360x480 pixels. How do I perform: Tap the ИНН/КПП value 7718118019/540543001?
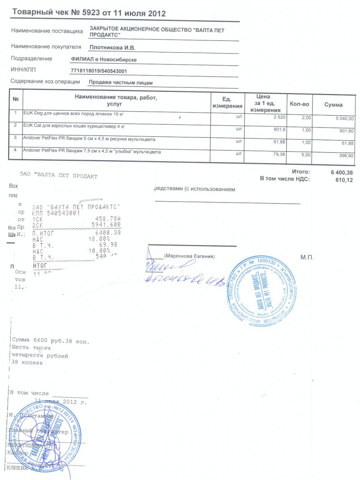99,71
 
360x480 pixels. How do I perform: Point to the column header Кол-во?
299,104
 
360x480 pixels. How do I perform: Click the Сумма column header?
333,105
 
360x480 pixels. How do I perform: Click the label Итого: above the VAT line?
301,172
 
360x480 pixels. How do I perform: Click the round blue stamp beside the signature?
265,290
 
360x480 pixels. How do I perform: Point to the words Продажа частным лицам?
121,83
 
